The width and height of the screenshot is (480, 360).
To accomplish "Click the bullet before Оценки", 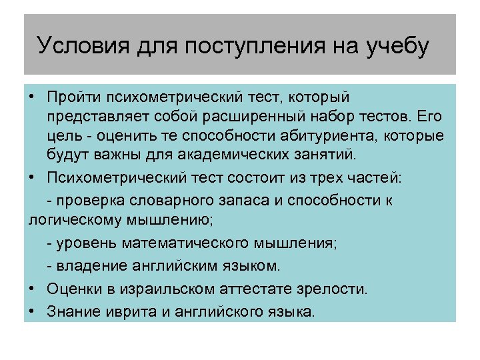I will tap(33, 289).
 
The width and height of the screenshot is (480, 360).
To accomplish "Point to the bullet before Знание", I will tap(33, 311).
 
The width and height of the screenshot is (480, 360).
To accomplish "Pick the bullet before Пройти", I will tap(33, 99).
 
